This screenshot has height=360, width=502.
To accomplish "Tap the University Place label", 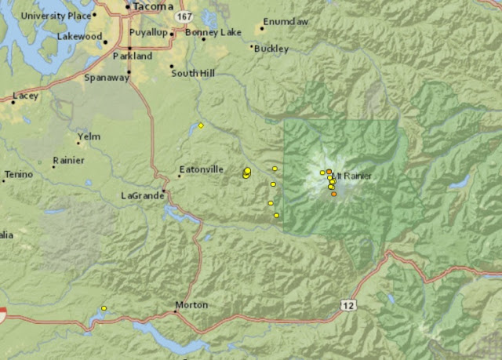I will pos(56,16).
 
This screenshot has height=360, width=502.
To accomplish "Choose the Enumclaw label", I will pos(286,22).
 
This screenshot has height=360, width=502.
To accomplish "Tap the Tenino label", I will pos(19,173).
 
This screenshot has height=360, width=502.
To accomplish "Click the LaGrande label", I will pos(140,195).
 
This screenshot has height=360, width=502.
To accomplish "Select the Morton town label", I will pos(191,304).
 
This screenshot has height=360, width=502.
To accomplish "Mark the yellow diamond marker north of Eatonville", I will pos(201,125).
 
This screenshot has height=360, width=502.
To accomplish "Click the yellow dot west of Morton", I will pos(104,308).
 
